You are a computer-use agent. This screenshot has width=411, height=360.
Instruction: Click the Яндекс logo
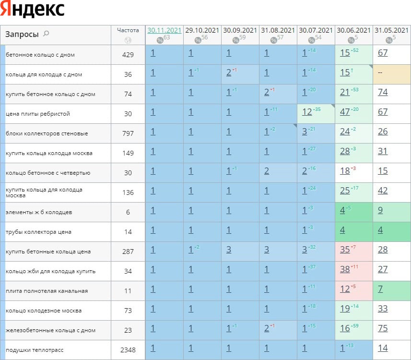click(33, 10)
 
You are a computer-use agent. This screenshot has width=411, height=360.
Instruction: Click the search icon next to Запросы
click(47, 34)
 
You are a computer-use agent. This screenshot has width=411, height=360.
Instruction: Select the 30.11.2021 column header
click(164, 30)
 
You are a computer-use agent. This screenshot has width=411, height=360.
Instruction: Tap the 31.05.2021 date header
click(392, 30)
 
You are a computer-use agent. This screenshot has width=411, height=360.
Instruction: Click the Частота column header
click(128, 30)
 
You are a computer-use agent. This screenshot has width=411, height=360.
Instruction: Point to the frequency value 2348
click(128, 350)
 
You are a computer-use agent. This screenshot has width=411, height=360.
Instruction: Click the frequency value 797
click(128, 133)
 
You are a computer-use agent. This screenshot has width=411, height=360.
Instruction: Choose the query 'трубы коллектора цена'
click(38, 232)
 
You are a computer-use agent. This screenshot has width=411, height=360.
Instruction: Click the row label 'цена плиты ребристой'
click(38, 114)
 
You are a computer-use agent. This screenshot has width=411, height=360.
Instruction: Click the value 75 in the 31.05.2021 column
click(382, 329)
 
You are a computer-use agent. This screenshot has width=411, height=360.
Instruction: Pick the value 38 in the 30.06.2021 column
click(345, 270)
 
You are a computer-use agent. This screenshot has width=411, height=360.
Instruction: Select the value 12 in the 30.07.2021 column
click(307, 112)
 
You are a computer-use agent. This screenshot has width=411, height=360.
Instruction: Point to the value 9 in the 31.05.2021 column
click(380, 211)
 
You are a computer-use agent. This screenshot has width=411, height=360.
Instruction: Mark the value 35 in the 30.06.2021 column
click(345, 250)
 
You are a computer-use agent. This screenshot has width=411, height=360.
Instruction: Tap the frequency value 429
click(128, 55)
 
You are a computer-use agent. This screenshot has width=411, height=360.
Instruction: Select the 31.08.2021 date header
click(278, 30)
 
